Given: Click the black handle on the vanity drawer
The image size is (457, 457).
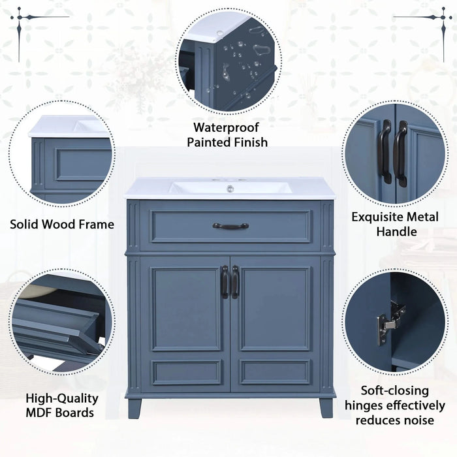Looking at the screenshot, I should pos(230,226).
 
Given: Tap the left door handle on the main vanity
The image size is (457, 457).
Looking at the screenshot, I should pos(225,281).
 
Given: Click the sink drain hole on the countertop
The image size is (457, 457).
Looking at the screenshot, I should pos(229,189).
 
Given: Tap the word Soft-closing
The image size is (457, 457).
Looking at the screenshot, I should pos(395,391).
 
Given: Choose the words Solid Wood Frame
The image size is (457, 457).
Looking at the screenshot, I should pos(62,225).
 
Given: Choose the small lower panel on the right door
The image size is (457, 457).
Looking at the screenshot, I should pos(275,372).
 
